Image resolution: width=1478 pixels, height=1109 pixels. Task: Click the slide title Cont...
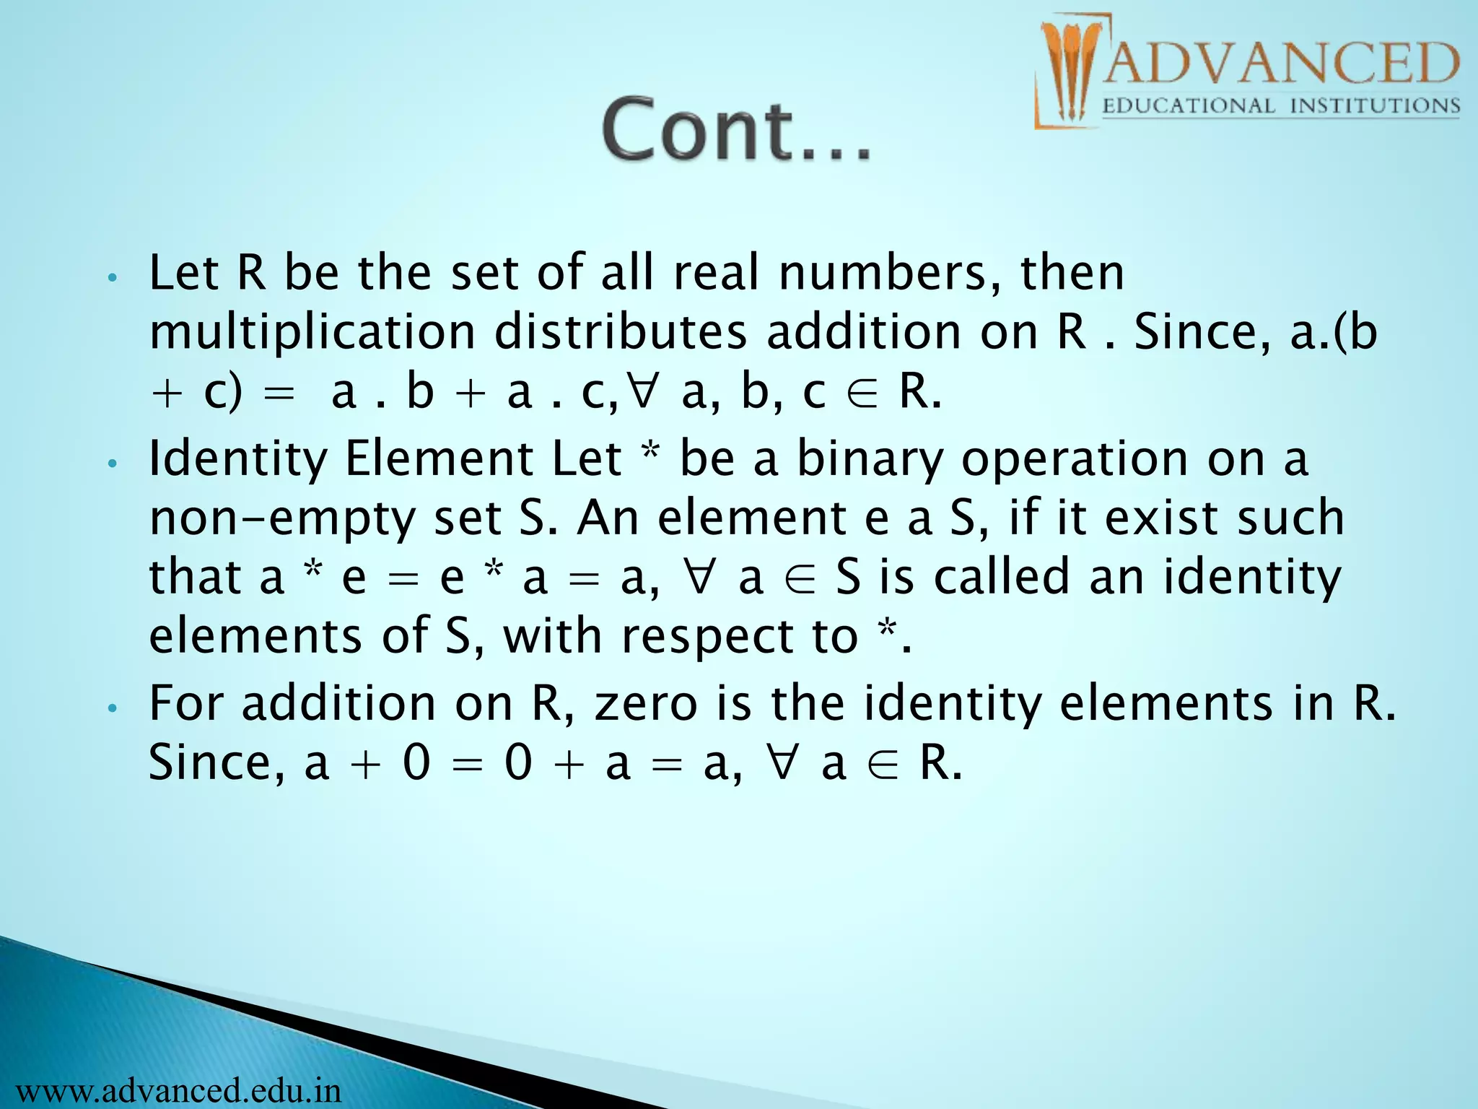click(736, 130)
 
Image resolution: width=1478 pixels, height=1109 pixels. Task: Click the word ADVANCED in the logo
click(1280, 64)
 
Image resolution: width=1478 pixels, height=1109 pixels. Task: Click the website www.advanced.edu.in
click(171, 1090)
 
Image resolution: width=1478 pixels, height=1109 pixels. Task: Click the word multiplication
click(312, 333)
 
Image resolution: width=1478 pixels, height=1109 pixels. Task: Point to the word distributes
click(620, 333)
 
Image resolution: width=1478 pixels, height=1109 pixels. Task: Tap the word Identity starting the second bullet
click(237, 459)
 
